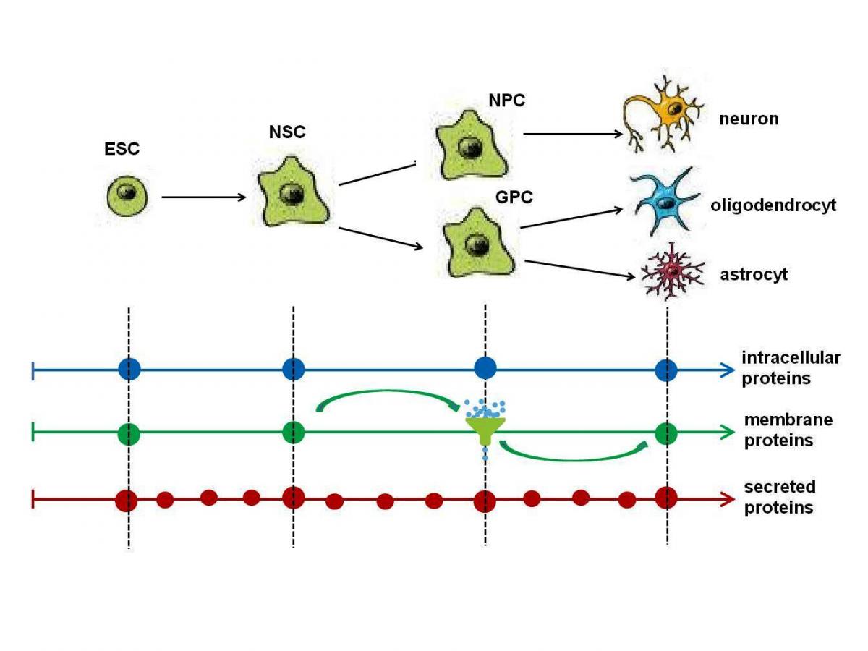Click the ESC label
coord(122,150)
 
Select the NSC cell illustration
coord(294,192)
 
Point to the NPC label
coord(506,101)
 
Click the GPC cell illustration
coord(477,242)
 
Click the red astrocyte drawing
coord(672,273)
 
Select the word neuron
coord(749,119)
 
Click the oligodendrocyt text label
coord(773,205)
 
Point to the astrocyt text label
coord(753,275)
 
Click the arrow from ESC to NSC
coord(205,196)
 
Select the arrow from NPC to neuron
coord(572,134)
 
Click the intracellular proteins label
coord(790,368)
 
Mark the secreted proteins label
coord(779,497)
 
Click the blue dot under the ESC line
coord(129,370)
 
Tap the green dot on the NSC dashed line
coord(294,433)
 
